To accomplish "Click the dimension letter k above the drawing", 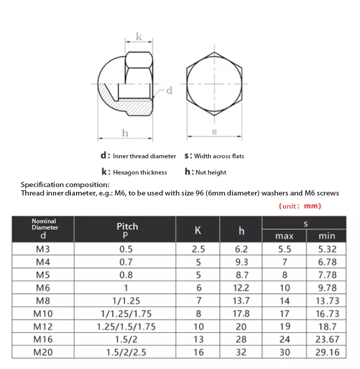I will pyautogui.click(x=139, y=36).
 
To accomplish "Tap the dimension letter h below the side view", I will pyautogui.click(x=125, y=133).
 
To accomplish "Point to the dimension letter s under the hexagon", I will pyautogui.click(x=214, y=132).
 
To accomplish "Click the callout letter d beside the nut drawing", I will pyautogui.click(x=169, y=91).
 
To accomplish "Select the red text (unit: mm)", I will pyautogui.click(x=300, y=206).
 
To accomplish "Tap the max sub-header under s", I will pyautogui.click(x=284, y=236).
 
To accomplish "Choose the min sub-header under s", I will pyautogui.click(x=327, y=236).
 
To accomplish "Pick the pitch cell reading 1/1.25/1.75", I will pyautogui.click(x=126, y=313).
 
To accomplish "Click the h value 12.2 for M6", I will pyautogui.click(x=241, y=288).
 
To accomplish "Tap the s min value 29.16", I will pyautogui.click(x=327, y=352).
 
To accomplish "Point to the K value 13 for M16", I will pyautogui.click(x=198, y=339).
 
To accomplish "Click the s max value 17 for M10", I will pyautogui.click(x=284, y=313).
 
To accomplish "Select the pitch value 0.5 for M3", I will pyautogui.click(x=126, y=249).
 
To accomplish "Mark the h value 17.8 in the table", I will pyautogui.click(x=241, y=313).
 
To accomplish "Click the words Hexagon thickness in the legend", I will pyautogui.click(x=140, y=172).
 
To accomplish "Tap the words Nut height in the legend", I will pyautogui.click(x=210, y=172).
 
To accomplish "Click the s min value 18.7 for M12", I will pyautogui.click(x=327, y=326).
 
